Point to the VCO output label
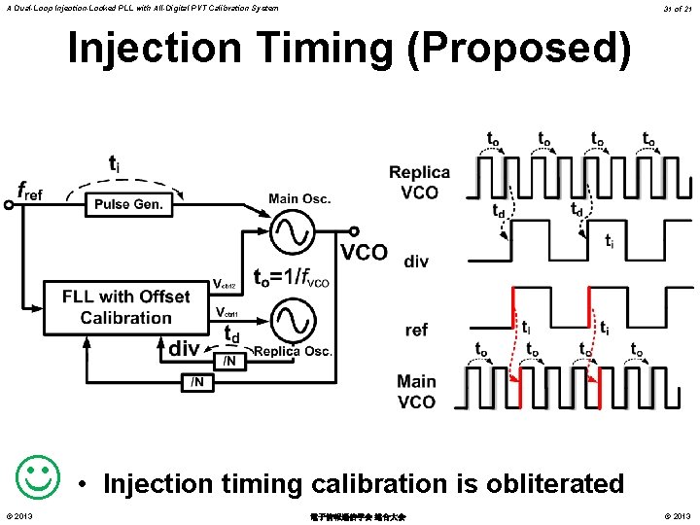pos(364,254)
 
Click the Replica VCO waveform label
pos(419,182)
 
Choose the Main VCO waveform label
pos(417,391)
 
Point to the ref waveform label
pos(416,331)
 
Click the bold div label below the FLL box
pos(184,347)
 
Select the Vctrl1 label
pos(225,313)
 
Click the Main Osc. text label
pos(299,198)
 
